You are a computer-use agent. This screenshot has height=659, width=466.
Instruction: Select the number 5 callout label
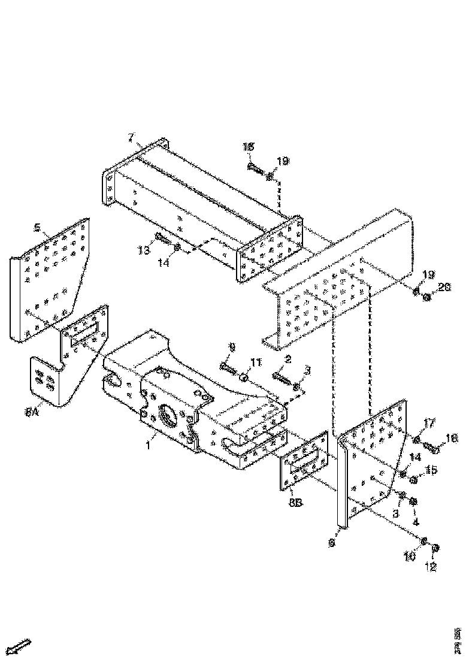coord(37,228)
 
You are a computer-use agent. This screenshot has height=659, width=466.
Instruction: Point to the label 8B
coord(295,503)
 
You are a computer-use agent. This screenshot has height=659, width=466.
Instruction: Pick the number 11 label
coord(256,362)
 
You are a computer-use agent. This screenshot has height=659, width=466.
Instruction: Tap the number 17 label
coord(429,423)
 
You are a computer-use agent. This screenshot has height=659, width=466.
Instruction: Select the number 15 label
coord(431,470)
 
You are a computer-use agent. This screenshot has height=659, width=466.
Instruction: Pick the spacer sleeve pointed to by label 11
coord(244,377)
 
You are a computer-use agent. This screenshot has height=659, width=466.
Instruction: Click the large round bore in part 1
coord(168,415)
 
